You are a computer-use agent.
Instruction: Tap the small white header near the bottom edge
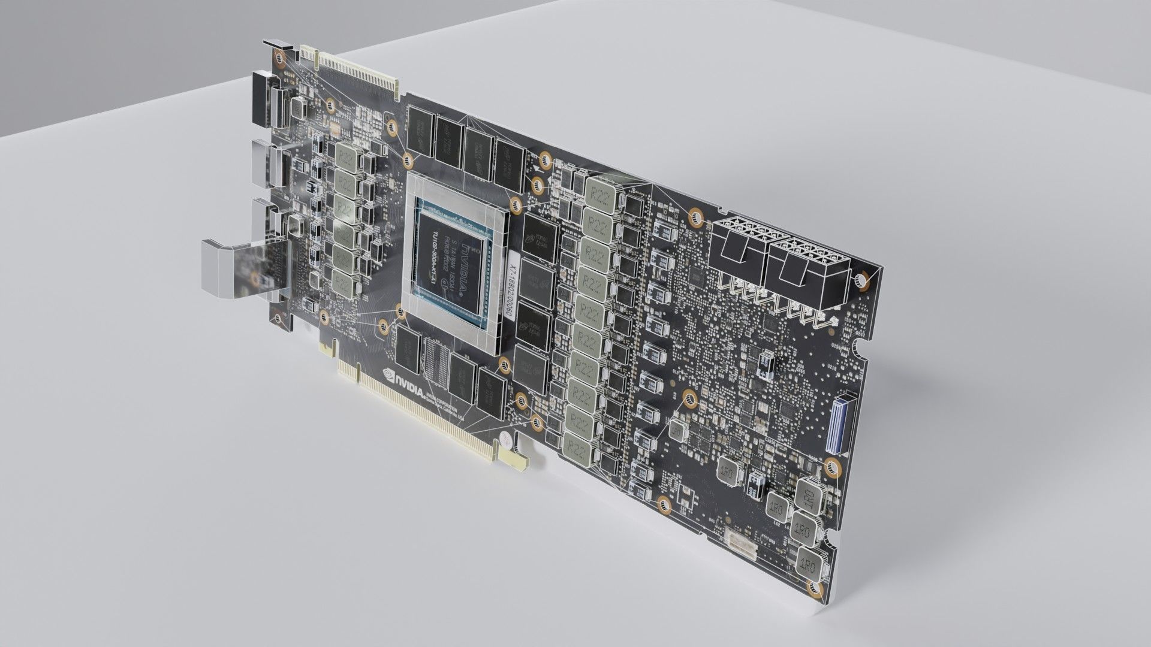(x=740, y=542)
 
